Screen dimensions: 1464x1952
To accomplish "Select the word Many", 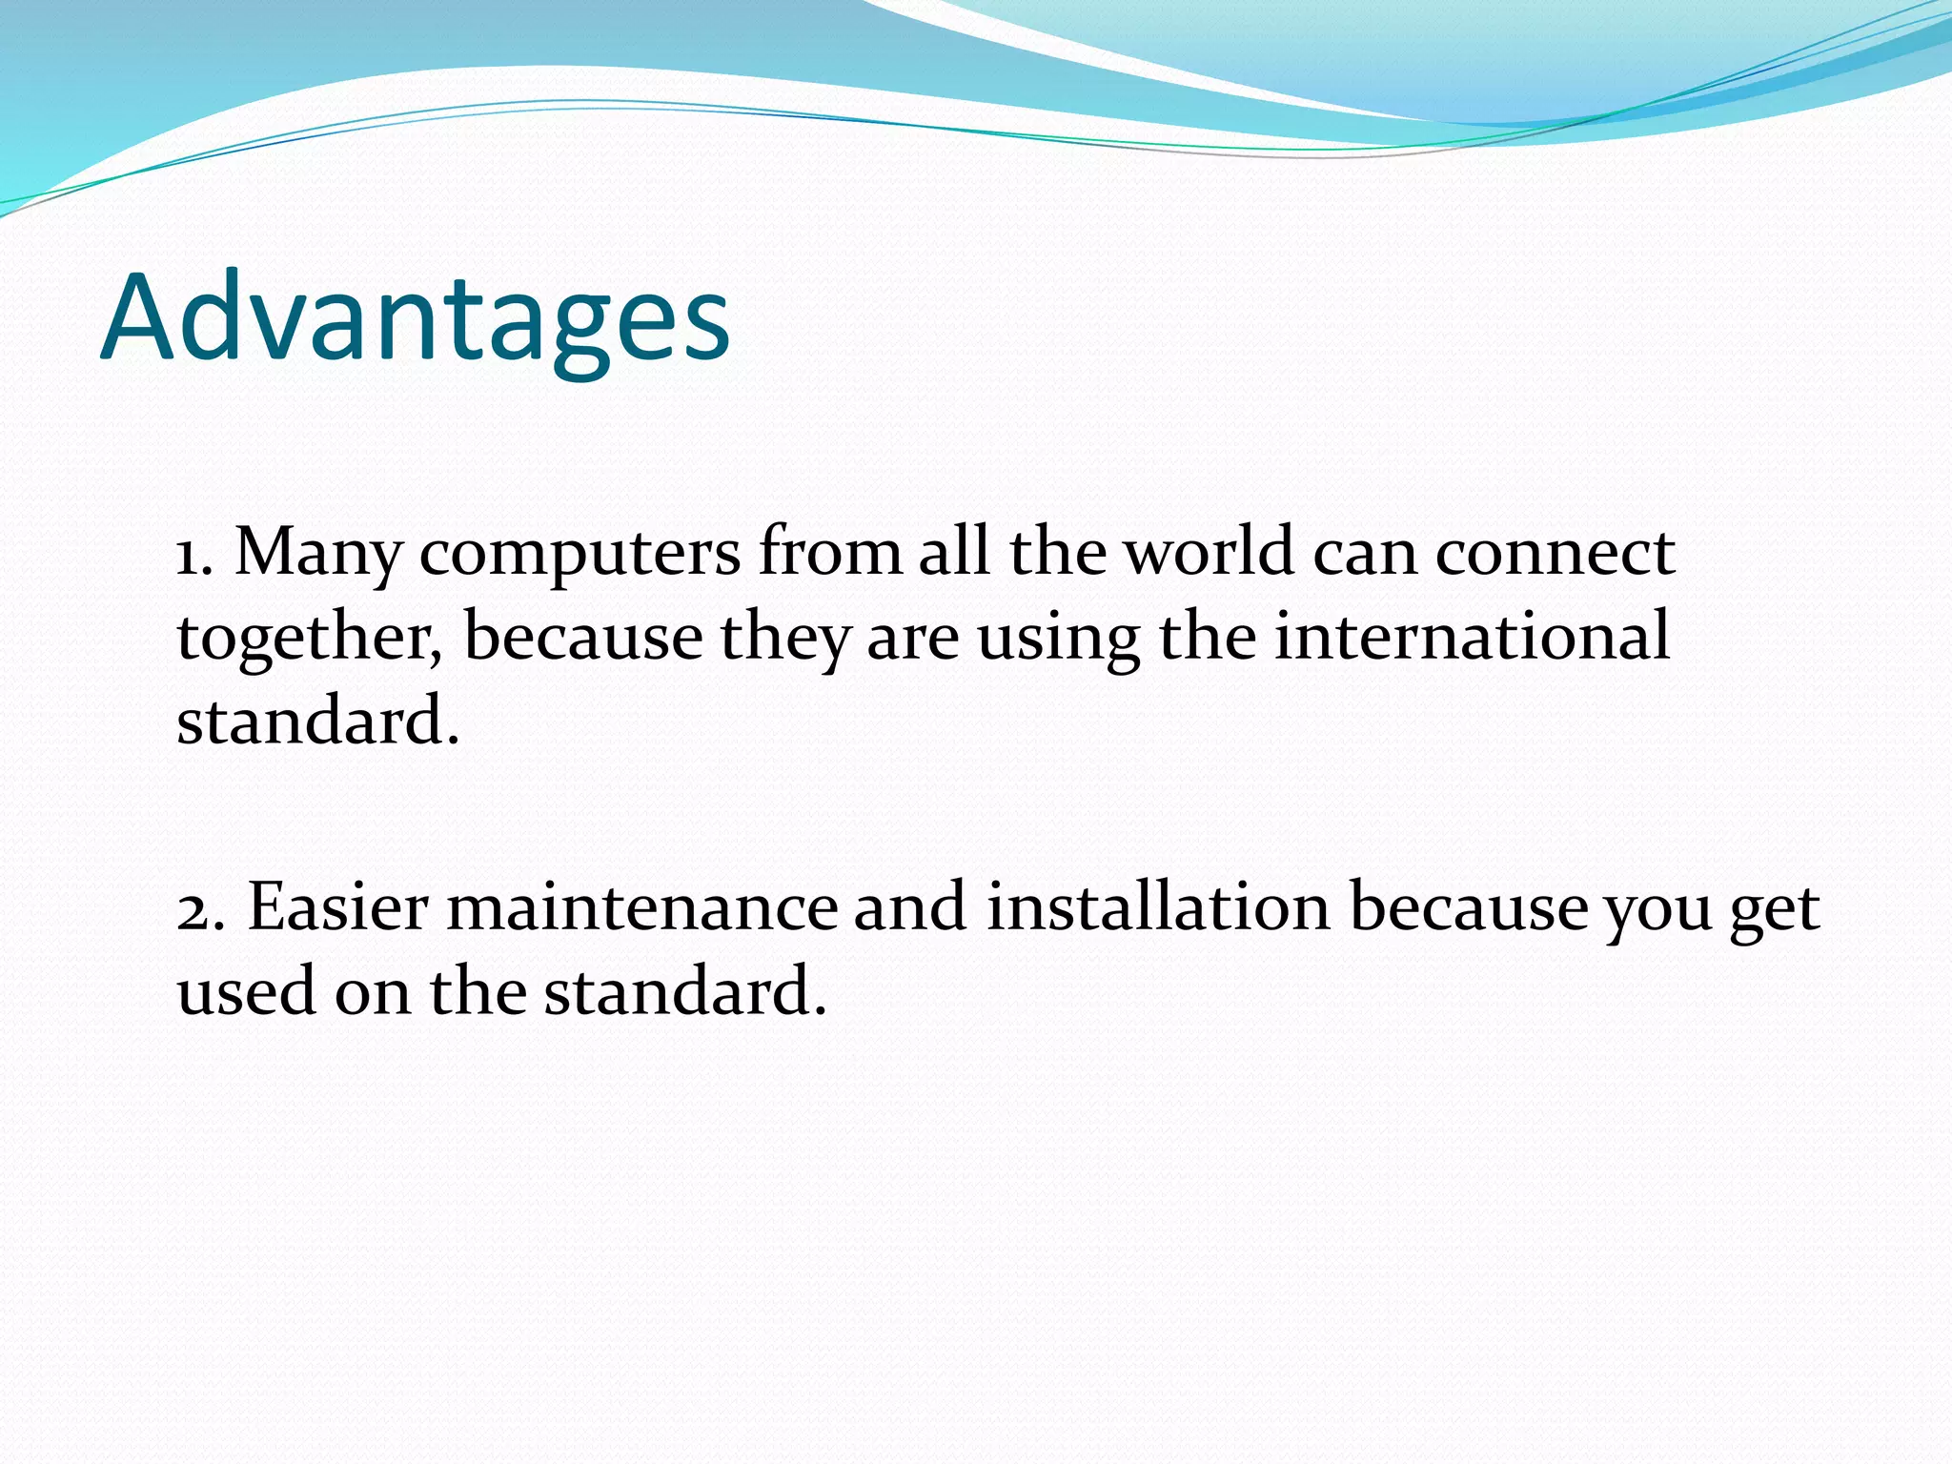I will click(317, 555).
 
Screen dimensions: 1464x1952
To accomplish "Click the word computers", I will click(579, 555).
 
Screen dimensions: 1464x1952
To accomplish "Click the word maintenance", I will click(641, 907).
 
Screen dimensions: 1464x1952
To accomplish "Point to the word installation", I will click(1157, 907).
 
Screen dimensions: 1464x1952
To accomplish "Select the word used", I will click(246, 992).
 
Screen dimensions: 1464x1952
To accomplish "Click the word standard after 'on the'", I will click(684, 992).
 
